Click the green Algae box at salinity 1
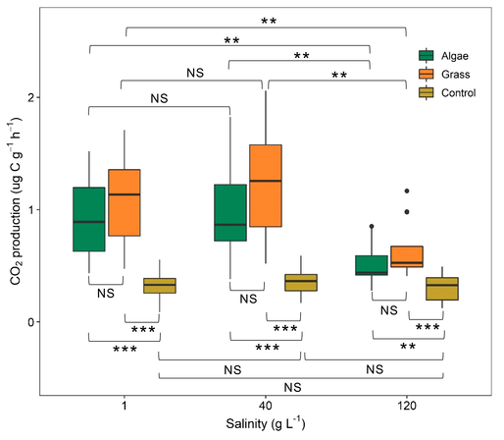click(89, 219)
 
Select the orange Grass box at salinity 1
click(125, 202)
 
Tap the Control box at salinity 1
click(160, 286)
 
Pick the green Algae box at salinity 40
click(230, 212)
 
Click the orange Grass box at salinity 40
click(266, 186)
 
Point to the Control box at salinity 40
click(301, 283)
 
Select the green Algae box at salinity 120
click(372, 265)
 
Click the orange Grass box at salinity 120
click(407, 256)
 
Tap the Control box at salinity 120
click(442, 289)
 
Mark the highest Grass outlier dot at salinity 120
click(407, 191)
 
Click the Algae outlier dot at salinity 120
click(372, 226)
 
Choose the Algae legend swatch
click(426, 56)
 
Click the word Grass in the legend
click(455, 75)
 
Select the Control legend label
click(458, 93)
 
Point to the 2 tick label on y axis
click(31, 97)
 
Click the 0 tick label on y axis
click(31, 322)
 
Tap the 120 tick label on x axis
click(407, 407)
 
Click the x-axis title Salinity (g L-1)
click(266, 423)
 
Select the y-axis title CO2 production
click(15, 200)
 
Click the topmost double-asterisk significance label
click(269, 22)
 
